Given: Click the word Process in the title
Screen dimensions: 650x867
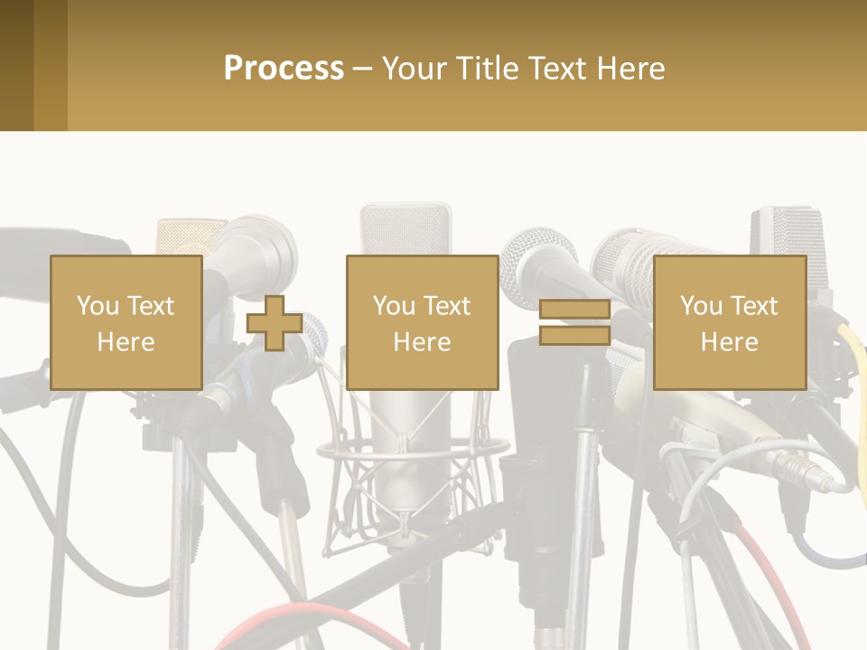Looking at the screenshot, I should (x=284, y=69).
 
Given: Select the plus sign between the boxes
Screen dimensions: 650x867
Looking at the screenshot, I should (x=275, y=322).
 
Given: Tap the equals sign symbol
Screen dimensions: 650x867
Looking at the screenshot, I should (x=575, y=322).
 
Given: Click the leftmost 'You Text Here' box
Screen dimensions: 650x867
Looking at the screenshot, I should (x=126, y=322).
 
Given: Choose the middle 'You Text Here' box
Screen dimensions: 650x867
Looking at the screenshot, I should (x=422, y=322).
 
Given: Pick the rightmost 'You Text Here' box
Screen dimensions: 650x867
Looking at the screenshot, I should (x=729, y=322).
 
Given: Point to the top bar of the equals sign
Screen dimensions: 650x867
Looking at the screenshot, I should (x=575, y=311).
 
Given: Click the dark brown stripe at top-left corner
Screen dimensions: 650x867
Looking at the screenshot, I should (x=16, y=65).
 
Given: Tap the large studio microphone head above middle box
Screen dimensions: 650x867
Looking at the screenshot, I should (x=405, y=229).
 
